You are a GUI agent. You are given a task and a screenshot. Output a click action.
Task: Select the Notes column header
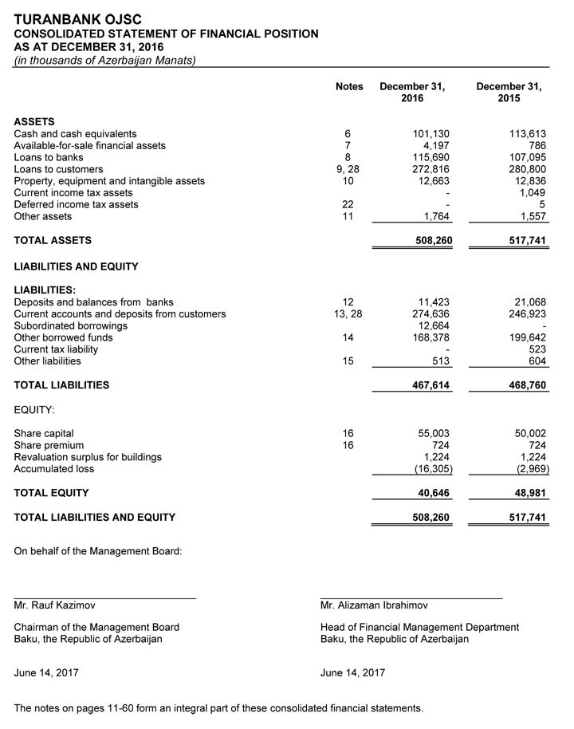[349, 87]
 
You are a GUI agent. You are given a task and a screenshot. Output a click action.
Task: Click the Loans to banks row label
[49, 158]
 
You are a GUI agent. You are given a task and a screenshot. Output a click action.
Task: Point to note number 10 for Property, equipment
[348, 181]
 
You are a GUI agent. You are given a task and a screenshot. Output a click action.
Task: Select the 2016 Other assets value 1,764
[436, 217]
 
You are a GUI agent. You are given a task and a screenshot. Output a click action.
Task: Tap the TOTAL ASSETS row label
[53, 240]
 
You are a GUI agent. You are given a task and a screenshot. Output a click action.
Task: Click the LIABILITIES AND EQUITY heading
[76, 266]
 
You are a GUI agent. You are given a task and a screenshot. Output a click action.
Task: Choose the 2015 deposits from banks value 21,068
[529, 302]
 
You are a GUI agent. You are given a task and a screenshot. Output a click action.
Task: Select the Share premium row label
[49, 445]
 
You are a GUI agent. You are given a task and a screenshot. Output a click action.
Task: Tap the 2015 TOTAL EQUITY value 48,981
[527, 493]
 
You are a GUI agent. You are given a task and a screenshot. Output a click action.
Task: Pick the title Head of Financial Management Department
[419, 628]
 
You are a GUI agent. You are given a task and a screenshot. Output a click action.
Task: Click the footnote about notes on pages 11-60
[218, 708]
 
